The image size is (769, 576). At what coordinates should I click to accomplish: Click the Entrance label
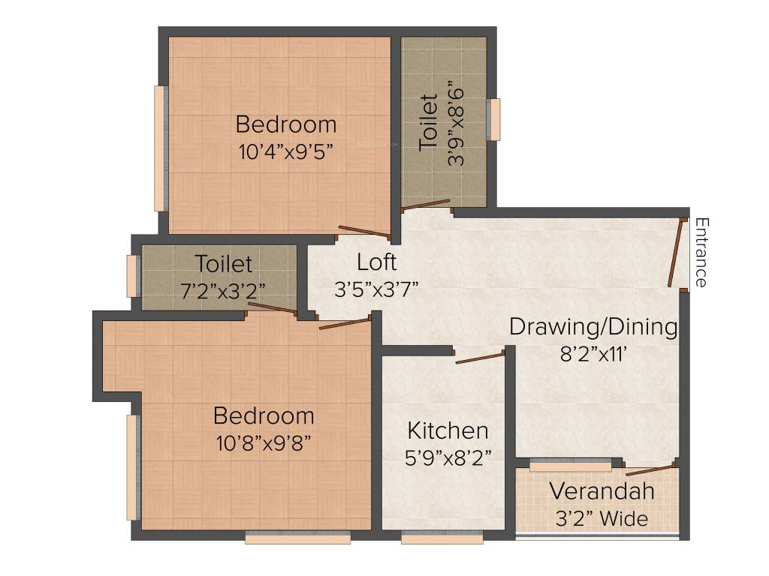701,252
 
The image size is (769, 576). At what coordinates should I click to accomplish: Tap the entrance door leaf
677,252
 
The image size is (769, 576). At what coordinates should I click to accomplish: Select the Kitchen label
448,430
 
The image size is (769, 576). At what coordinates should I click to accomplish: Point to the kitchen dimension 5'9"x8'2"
448,457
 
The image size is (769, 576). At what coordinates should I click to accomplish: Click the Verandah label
602,492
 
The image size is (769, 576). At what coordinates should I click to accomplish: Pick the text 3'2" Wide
602,518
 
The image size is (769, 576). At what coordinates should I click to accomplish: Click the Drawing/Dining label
593,327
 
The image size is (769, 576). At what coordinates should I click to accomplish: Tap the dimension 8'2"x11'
593,354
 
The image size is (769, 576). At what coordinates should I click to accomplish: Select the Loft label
376,262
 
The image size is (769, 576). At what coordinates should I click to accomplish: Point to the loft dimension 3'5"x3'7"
376,289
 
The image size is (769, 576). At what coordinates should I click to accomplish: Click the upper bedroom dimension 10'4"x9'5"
286,151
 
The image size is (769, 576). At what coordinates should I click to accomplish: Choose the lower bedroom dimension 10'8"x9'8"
264,442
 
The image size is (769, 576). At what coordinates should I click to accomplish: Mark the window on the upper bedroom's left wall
159,148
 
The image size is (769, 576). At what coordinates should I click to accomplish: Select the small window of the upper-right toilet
493,120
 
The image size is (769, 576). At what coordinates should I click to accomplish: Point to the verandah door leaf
650,469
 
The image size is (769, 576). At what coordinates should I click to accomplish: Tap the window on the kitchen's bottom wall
442,537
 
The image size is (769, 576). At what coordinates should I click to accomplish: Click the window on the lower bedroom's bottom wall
298,537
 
